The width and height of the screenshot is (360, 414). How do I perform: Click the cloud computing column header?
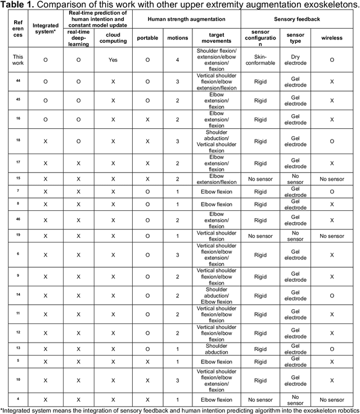(x=112, y=37)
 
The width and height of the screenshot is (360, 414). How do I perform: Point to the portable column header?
(x=147, y=37)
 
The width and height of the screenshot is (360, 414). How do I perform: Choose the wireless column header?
(x=332, y=37)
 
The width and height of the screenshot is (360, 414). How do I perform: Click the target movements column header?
(x=217, y=37)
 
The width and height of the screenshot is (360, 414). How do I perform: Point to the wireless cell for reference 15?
(x=332, y=179)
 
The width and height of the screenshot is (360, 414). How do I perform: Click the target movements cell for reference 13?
(x=217, y=349)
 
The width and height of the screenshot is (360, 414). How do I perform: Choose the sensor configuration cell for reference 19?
(x=260, y=236)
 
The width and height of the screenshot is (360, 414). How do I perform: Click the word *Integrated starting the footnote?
(x=17, y=409)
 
